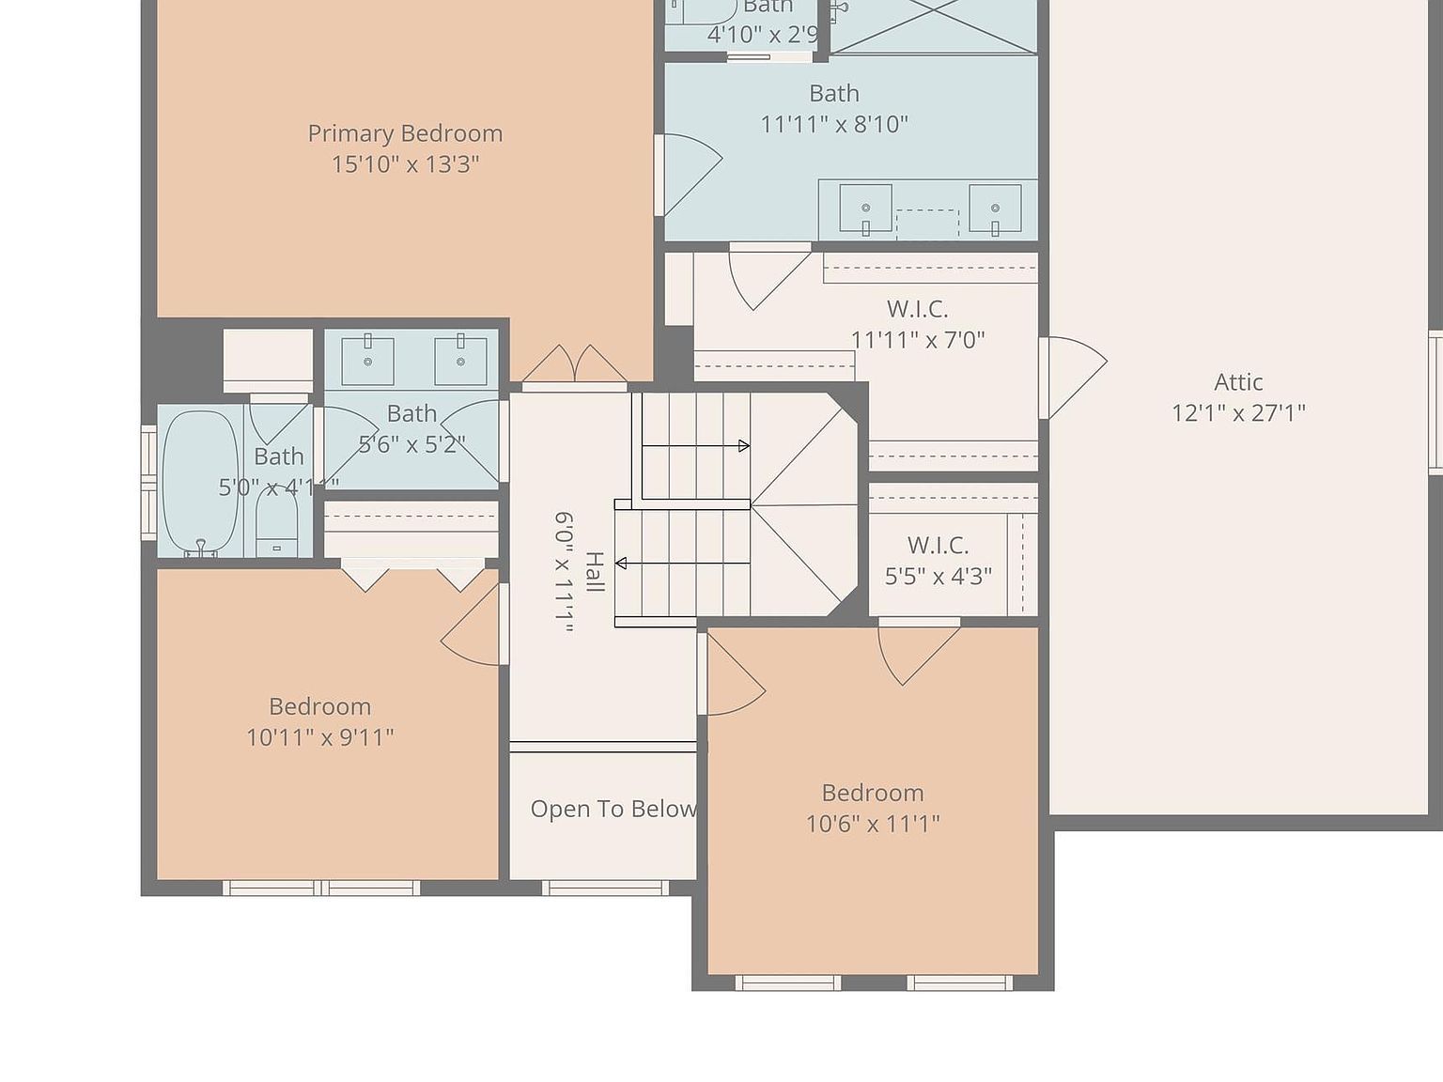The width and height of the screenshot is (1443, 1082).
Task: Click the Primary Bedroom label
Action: pos(405,133)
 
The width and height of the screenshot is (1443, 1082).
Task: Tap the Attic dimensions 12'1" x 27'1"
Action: pos(1238,412)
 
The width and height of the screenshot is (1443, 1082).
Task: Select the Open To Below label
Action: pos(613,809)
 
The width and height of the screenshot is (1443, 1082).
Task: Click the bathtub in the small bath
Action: pos(200,483)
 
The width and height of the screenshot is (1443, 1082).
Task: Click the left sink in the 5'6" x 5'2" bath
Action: pos(367,360)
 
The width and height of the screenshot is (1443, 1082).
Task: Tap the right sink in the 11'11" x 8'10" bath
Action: pos(994,208)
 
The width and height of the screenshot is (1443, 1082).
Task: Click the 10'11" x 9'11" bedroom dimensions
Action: pos(319,737)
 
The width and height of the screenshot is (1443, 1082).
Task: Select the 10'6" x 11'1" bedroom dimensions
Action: pos(872,824)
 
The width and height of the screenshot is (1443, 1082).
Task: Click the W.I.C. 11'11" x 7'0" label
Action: pos(917,324)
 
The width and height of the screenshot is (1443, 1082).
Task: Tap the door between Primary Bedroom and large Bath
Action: pos(688,175)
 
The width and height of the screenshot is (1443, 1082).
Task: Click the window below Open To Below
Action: pos(605,888)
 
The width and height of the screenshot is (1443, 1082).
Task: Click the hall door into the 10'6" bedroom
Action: pos(733,674)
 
